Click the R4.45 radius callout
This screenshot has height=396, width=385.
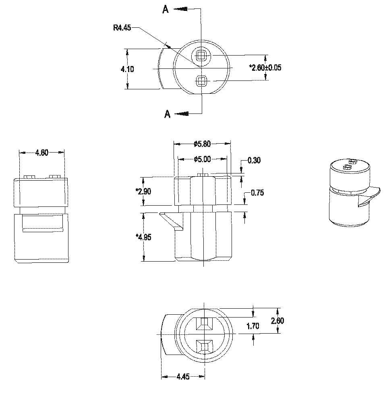pos(122,28)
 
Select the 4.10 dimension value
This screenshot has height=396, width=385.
pos(128,69)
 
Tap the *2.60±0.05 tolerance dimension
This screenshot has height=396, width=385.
pos(265,68)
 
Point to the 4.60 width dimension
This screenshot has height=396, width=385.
pos(42,153)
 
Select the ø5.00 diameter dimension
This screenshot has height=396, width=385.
pos(202,159)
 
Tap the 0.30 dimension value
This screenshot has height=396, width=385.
pos(254,161)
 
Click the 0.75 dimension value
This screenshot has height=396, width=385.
pos(257,193)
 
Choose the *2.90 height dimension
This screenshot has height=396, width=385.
pos(143,191)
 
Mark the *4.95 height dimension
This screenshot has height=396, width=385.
pos(143,237)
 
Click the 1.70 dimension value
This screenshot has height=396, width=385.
pos(253,326)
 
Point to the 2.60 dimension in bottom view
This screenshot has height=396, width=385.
pos(277,321)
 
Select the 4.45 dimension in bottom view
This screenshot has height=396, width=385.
pos(183,377)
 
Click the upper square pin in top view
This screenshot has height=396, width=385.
pos(201,56)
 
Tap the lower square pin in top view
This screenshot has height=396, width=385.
pos(201,81)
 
